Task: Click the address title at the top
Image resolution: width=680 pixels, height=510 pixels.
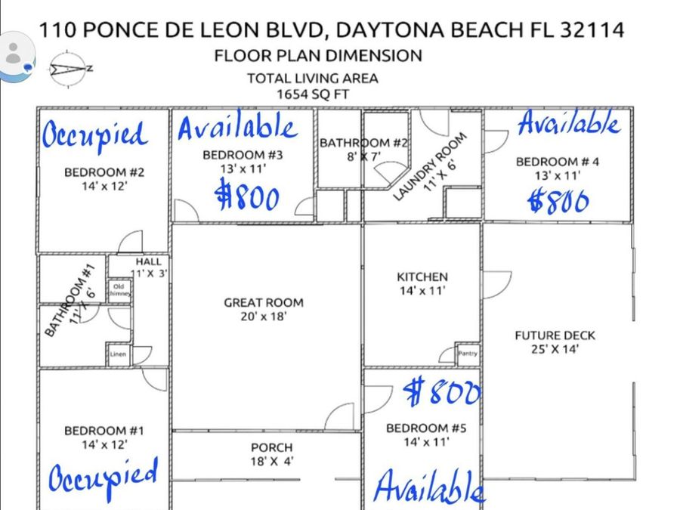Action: (x=332, y=30)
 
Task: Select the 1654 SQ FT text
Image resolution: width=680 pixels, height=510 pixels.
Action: (x=312, y=94)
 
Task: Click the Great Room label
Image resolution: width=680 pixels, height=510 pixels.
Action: (x=263, y=302)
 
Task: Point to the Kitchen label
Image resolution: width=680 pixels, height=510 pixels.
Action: (x=422, y=277)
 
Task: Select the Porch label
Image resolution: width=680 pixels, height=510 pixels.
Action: (x=271, y=448)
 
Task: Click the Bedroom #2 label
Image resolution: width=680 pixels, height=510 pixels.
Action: (x=104, y=172)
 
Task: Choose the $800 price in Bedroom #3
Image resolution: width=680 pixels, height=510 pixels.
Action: (x=248, y=197)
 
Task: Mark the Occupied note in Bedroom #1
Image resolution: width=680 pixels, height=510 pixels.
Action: (x=104, y=477)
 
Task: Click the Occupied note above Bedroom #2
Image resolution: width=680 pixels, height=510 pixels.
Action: (x=94, y=135)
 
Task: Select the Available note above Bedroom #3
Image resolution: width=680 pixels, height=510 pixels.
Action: (x=236, y=128)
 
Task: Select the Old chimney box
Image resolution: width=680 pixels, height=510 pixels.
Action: (x=119, y=290)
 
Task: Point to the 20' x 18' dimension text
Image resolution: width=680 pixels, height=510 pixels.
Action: (x=263, y=317)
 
